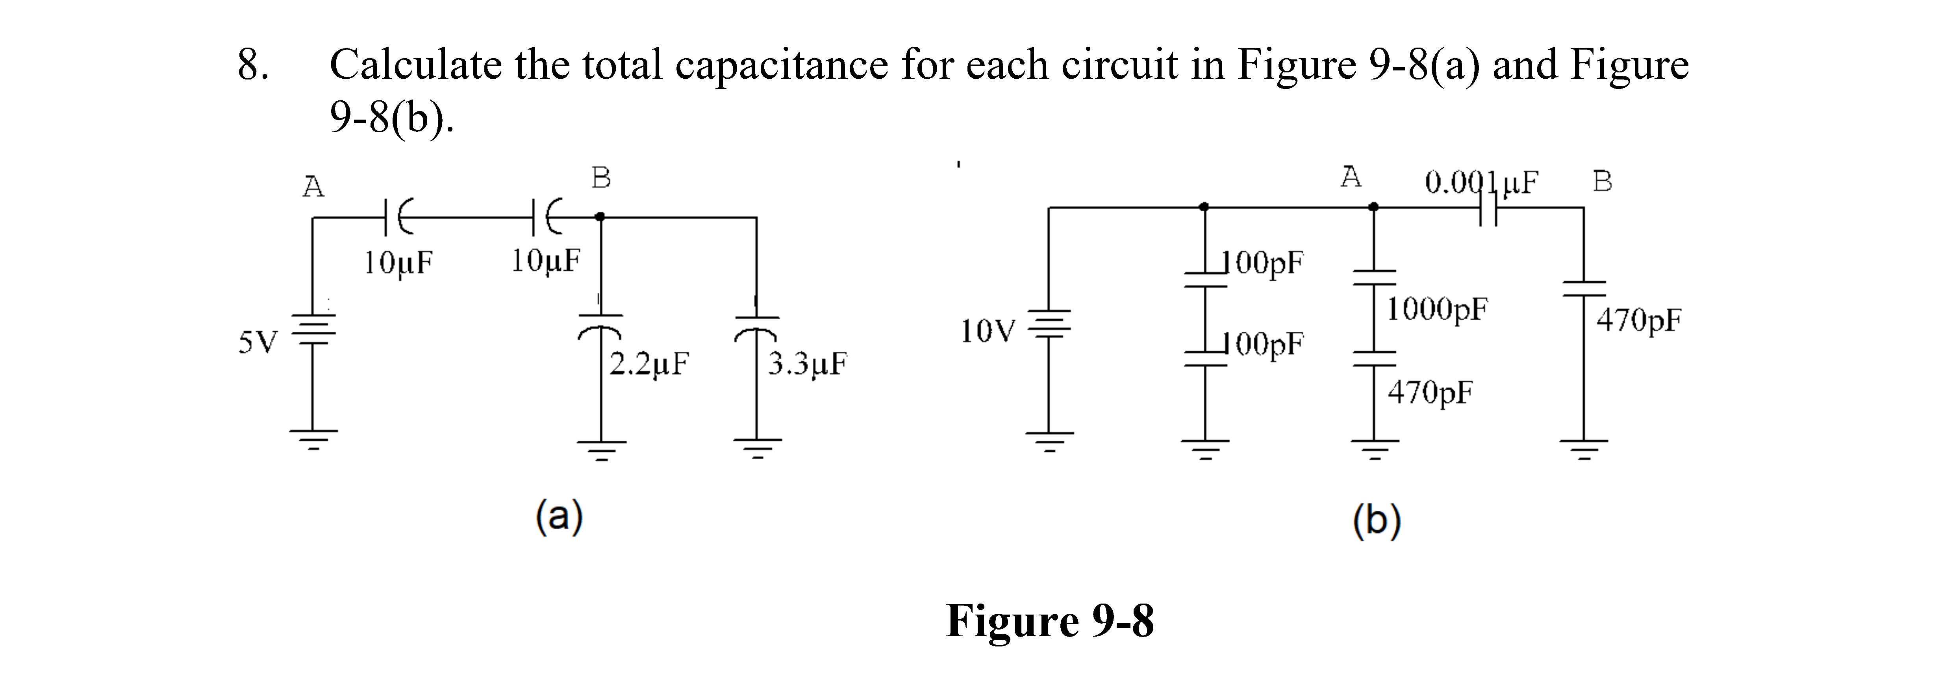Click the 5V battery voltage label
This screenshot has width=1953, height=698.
[x=258, y=343]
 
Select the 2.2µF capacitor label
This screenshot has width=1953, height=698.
[x=650, y=364]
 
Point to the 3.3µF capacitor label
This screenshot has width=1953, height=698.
[x=808, y=364]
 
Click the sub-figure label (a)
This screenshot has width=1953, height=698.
[x=560, y=517]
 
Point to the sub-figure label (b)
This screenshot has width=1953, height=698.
[x=1377, y=521]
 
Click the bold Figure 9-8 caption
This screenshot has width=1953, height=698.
[x=1050, y=621]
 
